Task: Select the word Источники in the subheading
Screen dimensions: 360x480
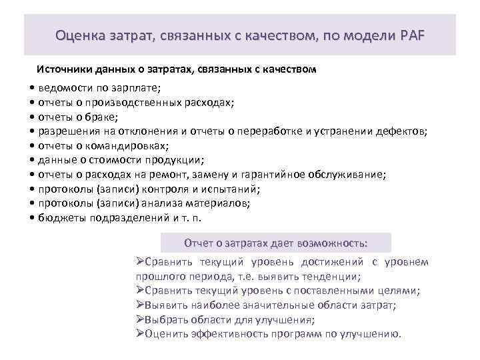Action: [x=64, y=69]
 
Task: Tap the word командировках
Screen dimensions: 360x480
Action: [x=129, y=146]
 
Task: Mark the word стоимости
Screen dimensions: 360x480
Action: [x=113, y=160]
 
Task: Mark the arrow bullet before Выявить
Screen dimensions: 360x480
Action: [x=139, y=305]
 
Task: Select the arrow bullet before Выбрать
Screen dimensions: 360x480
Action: [x=139, y=319]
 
